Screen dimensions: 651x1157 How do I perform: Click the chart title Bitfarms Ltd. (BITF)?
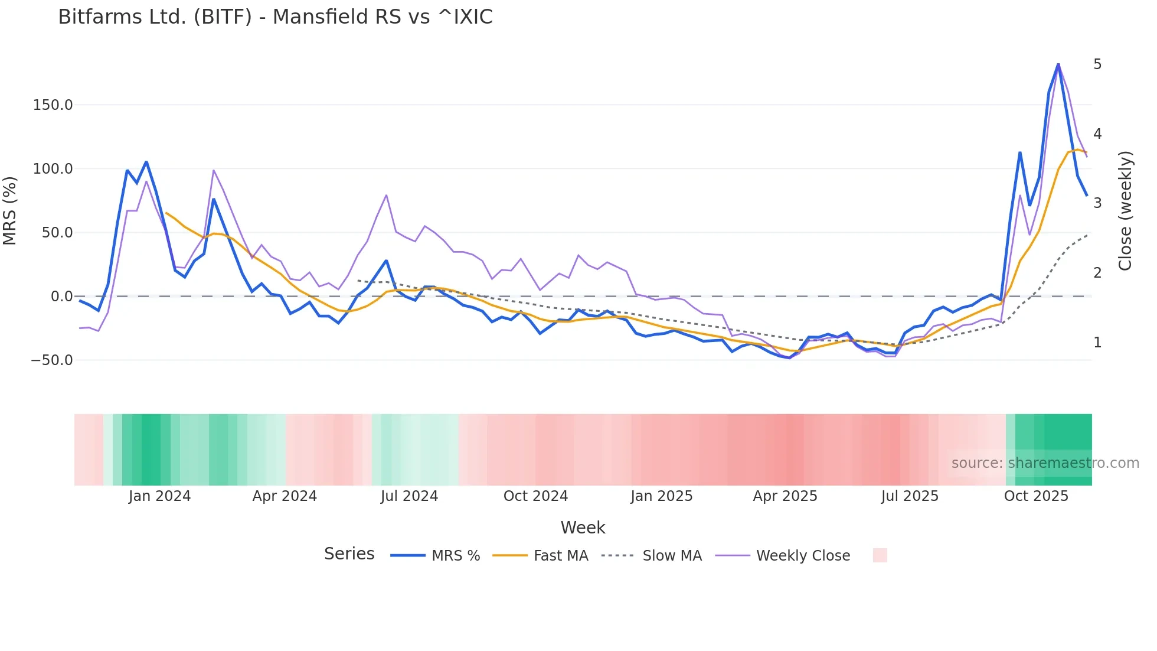click(275, 17)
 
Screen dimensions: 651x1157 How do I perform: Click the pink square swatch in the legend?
click(880, 555)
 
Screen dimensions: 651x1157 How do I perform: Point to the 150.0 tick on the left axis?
click(53, 105)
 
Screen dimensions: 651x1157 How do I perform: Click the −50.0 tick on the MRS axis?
click(52, 360)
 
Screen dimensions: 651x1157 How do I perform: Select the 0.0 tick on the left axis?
click(61, 297)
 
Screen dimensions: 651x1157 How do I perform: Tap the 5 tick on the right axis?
click(1097, 64)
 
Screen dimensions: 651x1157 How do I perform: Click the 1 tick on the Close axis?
click(1097, 343)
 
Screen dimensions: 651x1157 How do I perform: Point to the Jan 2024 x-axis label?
click(159, 496)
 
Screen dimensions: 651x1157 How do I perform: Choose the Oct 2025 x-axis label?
click(1036, 496)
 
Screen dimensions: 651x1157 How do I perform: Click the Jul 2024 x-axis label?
click(409, 496)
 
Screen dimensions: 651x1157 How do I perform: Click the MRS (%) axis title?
click(10, 211)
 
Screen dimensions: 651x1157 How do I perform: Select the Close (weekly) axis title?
click(1125, 211)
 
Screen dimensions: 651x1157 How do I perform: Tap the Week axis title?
click(583, 528)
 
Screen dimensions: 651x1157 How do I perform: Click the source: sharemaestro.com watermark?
click(1045, 463)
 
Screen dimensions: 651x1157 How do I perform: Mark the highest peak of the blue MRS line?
click(1058, 64)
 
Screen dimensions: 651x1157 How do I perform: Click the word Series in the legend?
click(349, 554)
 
